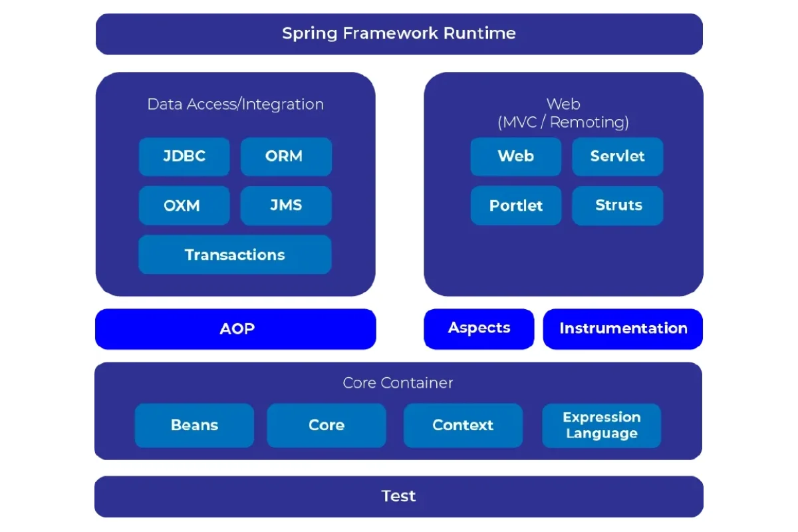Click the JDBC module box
point(184,157)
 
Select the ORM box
point(286,157)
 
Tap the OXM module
point(184,205)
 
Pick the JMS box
point(286,205)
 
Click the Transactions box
point(235,255)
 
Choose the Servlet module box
point(617,157)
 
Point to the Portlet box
point(516,205)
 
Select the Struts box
point(617,205)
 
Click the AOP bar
point(236,329)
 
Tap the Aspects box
point(479,329)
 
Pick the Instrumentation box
point(623,329)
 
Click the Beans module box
point(194,426)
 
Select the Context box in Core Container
point(463,426)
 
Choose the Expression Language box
point(602,426)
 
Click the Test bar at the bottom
point(399,496)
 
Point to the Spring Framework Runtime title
point(399,33)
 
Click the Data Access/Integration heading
point(235,104)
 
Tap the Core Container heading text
point(398,383)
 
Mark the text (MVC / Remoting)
point(563,122)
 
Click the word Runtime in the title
point(484,33)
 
